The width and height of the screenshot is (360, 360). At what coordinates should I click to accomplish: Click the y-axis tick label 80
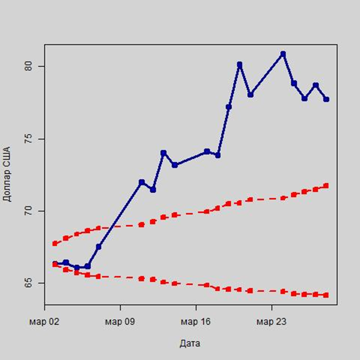(x=29, y=66)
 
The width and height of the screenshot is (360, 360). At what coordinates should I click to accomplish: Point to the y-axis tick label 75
(x=29, y=139)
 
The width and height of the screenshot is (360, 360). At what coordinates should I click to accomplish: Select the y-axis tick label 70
(x=29, y=211)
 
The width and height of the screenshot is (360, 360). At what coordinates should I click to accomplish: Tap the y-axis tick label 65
(x=29, y=283)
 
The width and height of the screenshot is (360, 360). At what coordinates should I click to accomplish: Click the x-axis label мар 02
(x=45, y=321)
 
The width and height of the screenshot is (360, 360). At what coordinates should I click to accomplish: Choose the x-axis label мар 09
(x=120, y=321)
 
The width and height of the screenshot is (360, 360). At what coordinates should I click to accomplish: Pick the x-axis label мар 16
(x=196, y=321)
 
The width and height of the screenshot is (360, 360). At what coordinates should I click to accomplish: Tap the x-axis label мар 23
(x=271, y=321)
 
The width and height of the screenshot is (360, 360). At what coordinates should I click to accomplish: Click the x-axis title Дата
(x=190, y=343)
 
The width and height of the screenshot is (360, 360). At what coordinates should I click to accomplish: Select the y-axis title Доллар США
(x=7, y=177)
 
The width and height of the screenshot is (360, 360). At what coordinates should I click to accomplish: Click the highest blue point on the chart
(x=283, y=54)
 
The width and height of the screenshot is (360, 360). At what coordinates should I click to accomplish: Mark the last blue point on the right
(x=326, y=99)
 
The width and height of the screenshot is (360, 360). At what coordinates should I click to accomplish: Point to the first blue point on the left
(x=55, y=264)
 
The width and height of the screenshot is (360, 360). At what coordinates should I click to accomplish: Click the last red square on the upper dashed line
(x=326, y=186)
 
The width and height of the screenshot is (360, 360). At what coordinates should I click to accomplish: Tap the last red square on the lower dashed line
(x=326, y=295)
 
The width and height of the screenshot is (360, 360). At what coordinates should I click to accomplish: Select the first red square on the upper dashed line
(x=55, y=243)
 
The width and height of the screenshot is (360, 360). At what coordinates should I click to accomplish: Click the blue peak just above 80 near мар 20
(x=240, y=64)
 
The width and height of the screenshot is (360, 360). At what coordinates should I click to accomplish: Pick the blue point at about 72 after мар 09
(x=142, y=182)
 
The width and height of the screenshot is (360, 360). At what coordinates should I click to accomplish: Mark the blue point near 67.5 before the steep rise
(x=98, y=247)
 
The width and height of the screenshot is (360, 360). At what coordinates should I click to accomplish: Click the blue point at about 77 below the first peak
(x=228, y=107)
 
